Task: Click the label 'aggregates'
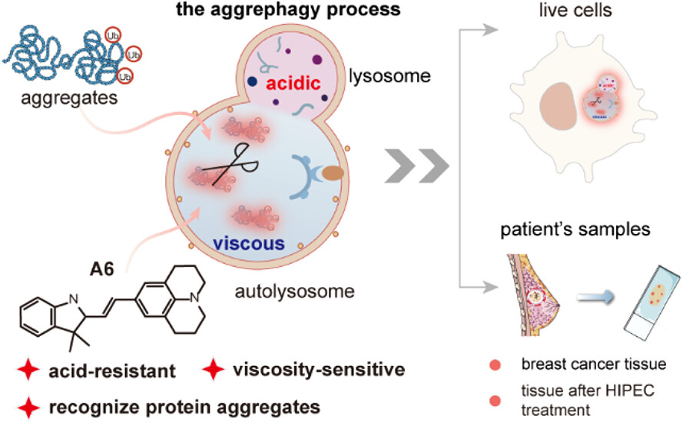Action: (x=65, y=100)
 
